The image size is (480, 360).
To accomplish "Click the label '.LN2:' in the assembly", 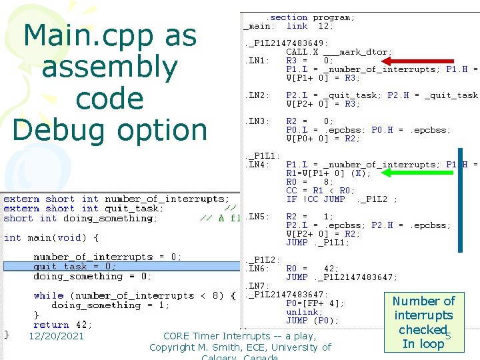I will coord(258,95).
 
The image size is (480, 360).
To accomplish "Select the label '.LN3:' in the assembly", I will coord(258,121).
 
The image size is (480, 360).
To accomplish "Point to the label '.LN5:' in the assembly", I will coord(258,216).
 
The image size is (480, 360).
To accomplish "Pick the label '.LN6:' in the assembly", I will coord(258,268).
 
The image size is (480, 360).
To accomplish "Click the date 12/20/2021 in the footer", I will coord(56,336).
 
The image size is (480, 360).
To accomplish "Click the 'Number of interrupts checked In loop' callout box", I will coord(423,322).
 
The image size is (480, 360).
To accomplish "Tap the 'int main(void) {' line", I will coord(51,237).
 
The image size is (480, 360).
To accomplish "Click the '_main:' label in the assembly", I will coord(258,26).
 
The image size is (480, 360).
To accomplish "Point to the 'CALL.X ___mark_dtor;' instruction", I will coord(339,52).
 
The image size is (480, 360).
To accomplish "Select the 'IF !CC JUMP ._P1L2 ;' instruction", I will coord(341,199).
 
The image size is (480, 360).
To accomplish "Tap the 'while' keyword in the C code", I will coord(49,295).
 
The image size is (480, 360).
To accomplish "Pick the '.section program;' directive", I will coord(311,17).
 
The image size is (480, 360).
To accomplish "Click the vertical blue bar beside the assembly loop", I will coord(459,200).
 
